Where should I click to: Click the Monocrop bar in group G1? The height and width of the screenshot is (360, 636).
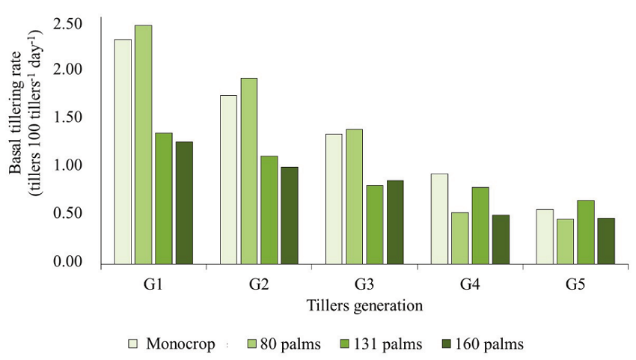click(123, 152)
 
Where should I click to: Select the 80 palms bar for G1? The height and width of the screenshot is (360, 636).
click(143, 144)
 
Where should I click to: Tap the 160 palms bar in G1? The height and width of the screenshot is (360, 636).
click(184, 203)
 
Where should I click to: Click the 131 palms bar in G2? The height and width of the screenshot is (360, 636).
click(269, 210)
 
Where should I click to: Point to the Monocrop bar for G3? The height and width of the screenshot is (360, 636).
click(334, 199)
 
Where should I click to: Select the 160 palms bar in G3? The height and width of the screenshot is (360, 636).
click(395, 222)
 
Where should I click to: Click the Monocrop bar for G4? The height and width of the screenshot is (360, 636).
click(439, 219)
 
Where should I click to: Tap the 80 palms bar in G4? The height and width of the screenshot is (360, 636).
click(459, 238)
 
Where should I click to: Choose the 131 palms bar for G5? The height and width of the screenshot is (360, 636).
click(586, 232)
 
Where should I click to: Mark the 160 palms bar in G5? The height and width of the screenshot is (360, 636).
click(606, 241)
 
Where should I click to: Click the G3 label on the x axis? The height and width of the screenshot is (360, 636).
click(364, 285)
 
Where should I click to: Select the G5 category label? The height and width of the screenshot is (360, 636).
click(575, 285)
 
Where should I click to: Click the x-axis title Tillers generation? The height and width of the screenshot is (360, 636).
click(364, 305)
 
